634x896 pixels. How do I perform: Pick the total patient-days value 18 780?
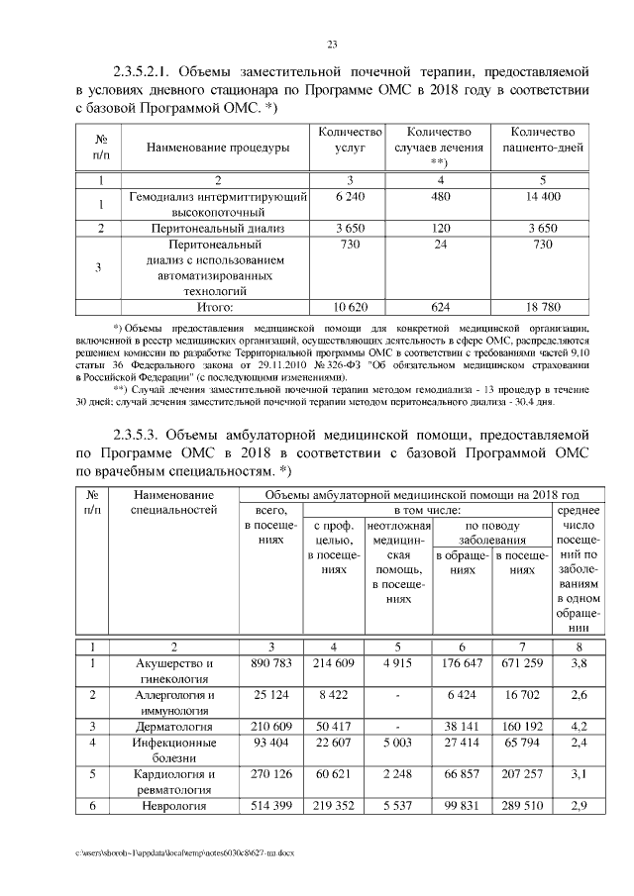[x=542, y=307]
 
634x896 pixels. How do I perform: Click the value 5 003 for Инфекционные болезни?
[x=397, y=743]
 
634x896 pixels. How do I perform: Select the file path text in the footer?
[x=185, y=851]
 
